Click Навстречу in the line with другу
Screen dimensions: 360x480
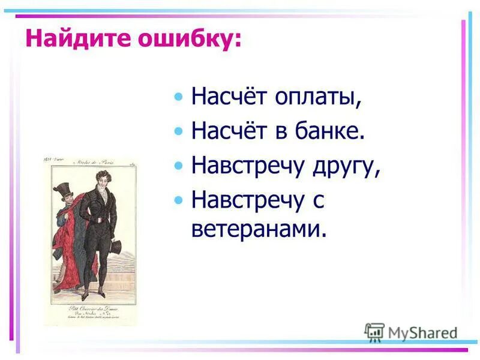pyautogui.click(x=247, y=166)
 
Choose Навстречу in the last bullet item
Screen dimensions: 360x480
pyautogui.click(x=247, y=200)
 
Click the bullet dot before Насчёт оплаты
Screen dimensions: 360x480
pyautogui.click(x=177, y=97)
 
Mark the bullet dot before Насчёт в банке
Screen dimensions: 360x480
pyautogui.click(x=177, y=131)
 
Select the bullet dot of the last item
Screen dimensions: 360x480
pyautogui.click(x=177, y=200)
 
